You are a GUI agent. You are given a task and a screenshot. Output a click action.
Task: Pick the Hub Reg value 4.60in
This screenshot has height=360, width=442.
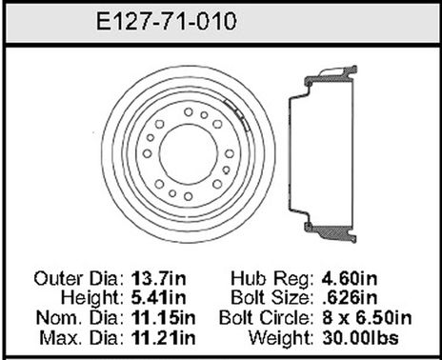click(348, 278)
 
